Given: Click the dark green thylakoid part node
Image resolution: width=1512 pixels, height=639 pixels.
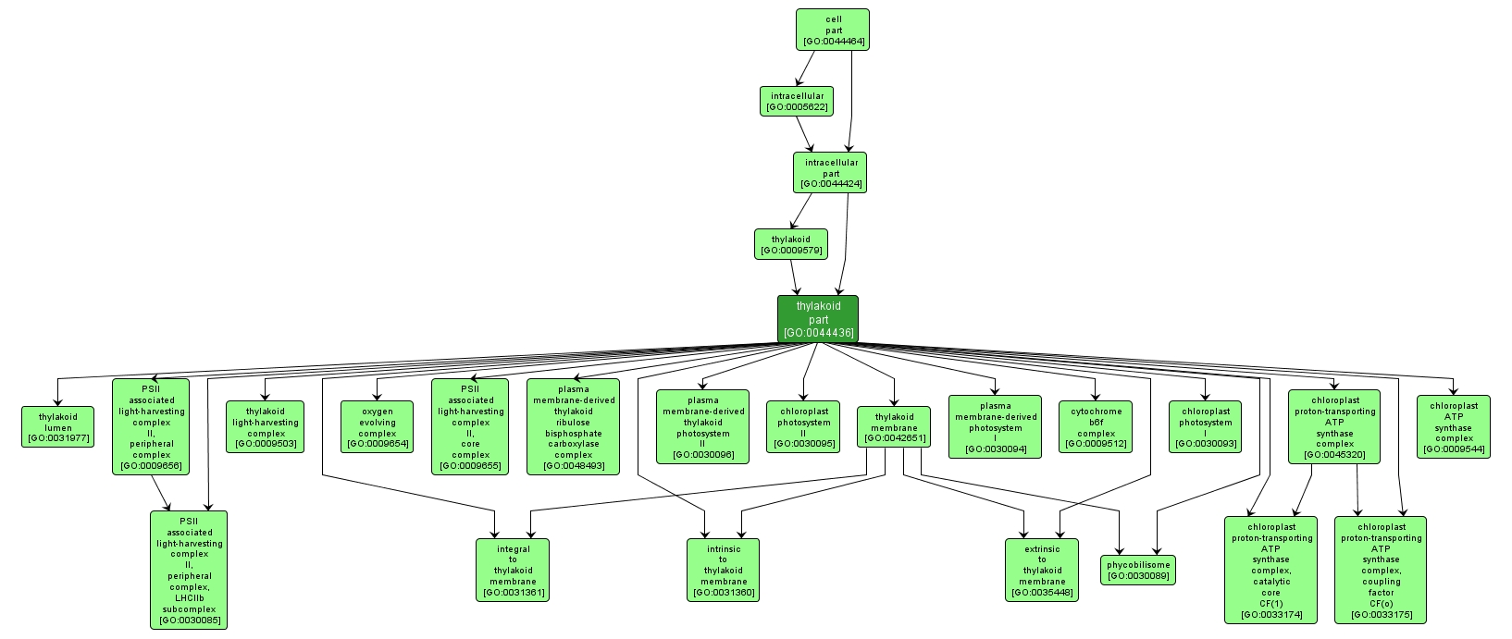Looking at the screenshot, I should tap(818, 319).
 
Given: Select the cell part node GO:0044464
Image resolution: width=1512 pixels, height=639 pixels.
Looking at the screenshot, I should tap(833, 30).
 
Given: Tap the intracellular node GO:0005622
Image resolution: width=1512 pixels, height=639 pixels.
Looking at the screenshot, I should tap(797, 101).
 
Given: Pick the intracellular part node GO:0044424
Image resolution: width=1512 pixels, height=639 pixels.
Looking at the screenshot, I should tap(830, 173).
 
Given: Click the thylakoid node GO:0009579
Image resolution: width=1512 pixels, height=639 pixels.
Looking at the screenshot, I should tap(790, 244).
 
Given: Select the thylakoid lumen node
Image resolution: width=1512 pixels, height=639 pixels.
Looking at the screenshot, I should tap(57, 426).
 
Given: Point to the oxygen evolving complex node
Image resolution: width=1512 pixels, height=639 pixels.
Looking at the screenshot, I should tap(377, 426).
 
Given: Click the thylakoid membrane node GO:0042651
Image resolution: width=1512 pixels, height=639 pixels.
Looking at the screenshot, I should tap(894, 426).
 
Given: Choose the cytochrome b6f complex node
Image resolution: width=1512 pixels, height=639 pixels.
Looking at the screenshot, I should tap(1096, 426).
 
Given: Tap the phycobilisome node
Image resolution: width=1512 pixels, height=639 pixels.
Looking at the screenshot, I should tap(1138, 570).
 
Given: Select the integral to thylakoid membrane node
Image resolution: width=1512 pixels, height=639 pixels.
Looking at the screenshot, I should tap(513, 570).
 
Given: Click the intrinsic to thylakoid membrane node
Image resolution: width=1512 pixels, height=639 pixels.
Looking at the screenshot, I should tap(723, 570).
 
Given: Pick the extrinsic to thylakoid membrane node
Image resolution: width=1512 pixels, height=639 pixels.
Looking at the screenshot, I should tap(1042, 570).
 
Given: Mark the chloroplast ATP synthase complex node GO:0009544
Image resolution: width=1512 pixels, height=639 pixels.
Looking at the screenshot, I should tap(1453, 426).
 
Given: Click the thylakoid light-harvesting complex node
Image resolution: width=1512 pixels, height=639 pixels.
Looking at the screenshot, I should tap(266, 426).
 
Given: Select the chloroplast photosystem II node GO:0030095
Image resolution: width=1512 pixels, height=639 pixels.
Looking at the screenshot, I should tap(803, 426).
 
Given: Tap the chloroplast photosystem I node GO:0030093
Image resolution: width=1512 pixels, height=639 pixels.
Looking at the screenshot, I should tap(1205, 426).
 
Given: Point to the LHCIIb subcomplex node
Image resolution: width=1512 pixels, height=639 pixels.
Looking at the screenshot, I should tap(189, 570).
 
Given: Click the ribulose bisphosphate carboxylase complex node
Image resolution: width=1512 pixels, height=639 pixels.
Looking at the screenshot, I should tap(573, 426).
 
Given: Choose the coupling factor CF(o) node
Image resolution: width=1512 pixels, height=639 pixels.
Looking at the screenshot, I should tap(1381, 570).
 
